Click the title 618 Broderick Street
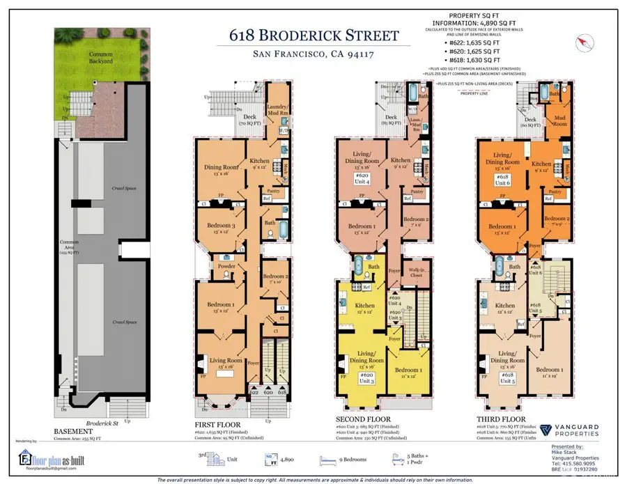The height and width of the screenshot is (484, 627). pyautogui.click(x=314, y=36)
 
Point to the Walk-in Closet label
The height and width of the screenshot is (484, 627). pyautogui.click(x=416, y=274)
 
